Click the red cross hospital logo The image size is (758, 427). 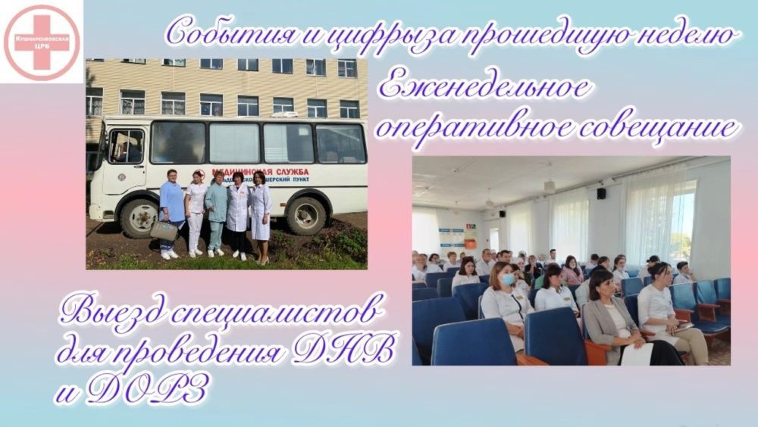(41, 42)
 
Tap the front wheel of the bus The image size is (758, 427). (139, 219)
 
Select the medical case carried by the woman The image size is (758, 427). (164, 229)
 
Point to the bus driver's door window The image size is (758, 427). (126, 146)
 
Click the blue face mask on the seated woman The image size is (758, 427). (505, 279)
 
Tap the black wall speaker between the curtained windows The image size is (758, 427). (601, 193)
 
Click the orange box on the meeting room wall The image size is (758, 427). (470, 244)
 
